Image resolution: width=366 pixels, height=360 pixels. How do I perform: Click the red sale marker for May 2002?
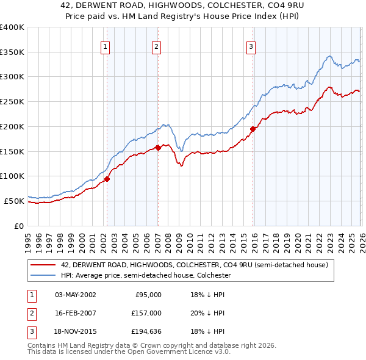(x=107, y=179)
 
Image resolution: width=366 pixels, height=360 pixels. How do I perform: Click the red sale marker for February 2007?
(x=158, y=148)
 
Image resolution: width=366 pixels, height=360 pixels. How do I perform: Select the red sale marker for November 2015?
(x=253, y=129)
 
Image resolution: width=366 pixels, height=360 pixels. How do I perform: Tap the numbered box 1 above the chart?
(x=106, y=46)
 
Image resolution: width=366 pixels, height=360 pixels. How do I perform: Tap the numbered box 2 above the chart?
(x=157, y=46)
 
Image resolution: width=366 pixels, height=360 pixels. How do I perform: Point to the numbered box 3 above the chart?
(x=251, y=46)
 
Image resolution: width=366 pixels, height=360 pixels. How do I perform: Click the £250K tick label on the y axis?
(x=12, y=102)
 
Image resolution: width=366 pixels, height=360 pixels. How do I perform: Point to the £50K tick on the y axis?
(x=13, y=201)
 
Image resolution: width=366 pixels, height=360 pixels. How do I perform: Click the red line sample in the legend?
(x=43, y=265)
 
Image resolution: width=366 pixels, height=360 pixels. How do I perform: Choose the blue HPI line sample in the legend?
(x=43, y=276)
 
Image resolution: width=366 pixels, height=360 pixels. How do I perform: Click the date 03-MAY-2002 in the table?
(x=75, y=294)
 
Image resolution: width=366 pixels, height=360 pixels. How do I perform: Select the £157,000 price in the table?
(x=146, y=313)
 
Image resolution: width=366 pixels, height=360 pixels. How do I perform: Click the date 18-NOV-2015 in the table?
(x=75, y=332)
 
